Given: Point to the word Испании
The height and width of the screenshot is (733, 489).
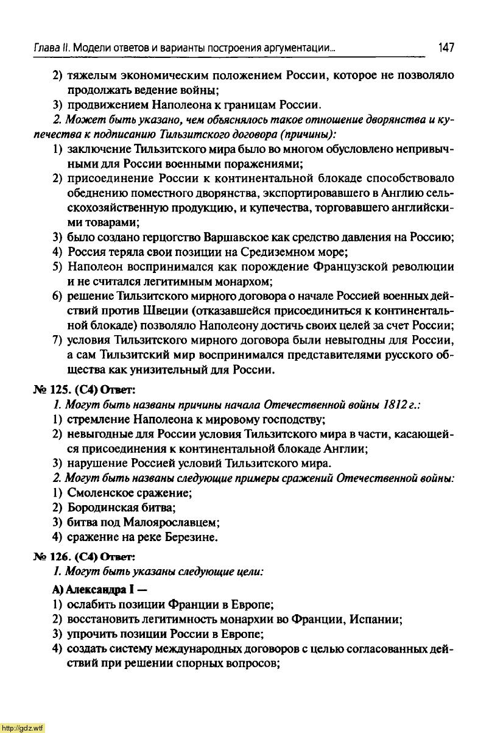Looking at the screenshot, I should pyautogui.click(x=378, y=620).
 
